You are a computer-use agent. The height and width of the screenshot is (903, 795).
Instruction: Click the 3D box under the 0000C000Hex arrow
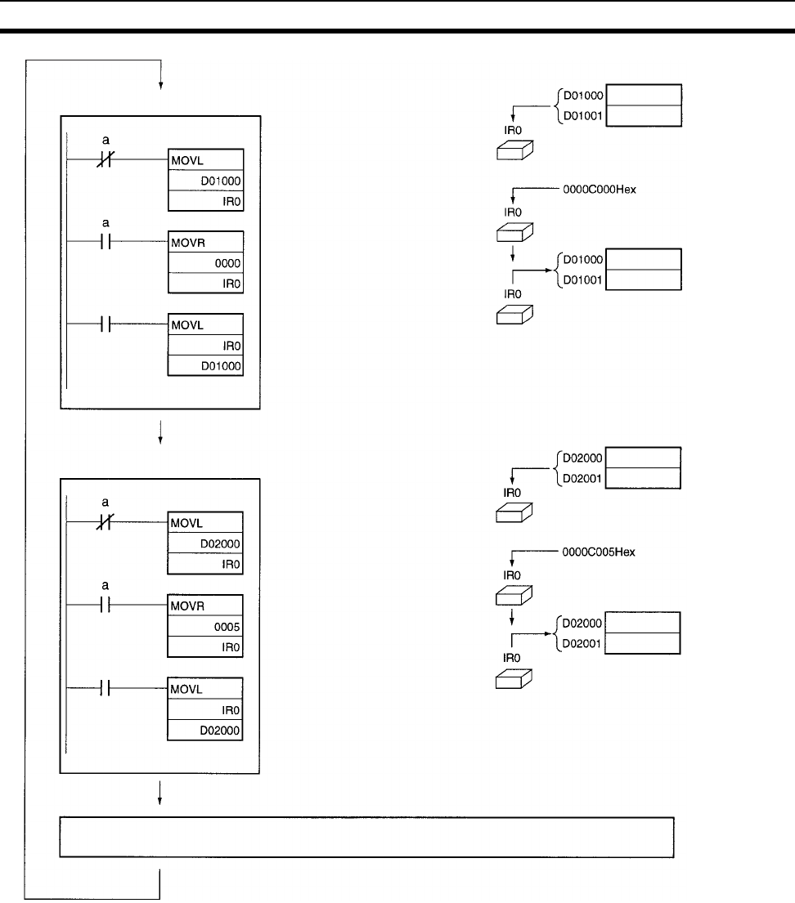point(515,234)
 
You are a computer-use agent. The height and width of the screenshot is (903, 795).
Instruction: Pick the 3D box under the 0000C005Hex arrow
point(515,597)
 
